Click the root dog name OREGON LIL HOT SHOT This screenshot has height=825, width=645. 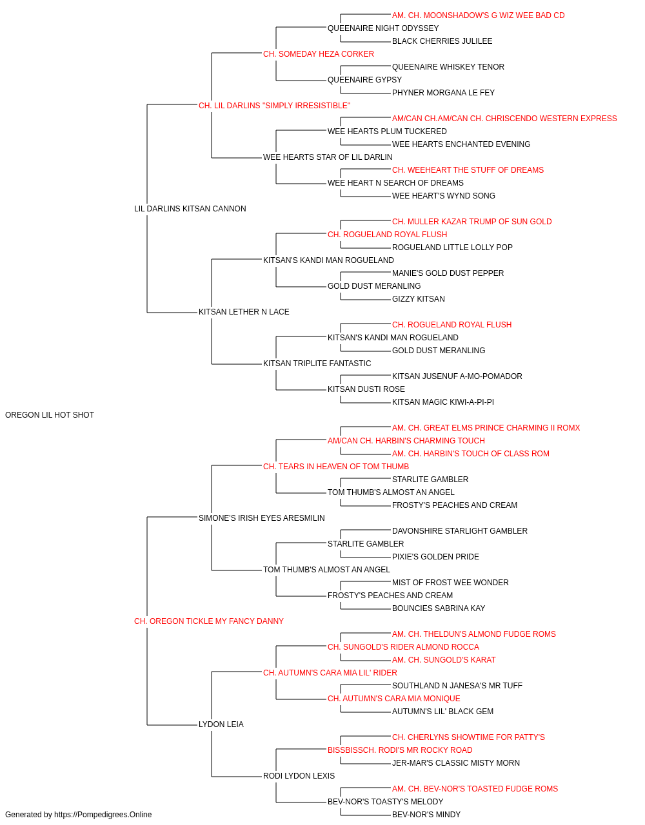tap(50, 415)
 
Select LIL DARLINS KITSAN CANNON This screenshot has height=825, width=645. tap(190, 208)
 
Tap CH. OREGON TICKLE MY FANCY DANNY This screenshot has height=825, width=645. tap(209, 621)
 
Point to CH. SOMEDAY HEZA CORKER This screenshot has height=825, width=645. tap(319, 54)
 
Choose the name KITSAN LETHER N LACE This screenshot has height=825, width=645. tap(244, 312)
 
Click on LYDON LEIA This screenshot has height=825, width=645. tap(221, 724)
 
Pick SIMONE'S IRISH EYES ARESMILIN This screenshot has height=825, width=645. tap(262, 518)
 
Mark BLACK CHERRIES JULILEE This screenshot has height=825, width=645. tap(442, 41)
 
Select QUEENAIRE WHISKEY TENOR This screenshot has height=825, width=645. tap(448, 67)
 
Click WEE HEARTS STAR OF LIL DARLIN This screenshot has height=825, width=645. tap(328, 157)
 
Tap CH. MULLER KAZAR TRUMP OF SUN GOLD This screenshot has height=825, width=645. tap(471, 221)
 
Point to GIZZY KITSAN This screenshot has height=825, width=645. tap(418, 299)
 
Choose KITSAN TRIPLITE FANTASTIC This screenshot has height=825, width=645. tap(317, 364)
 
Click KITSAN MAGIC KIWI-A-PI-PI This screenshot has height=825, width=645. tap(443, 402)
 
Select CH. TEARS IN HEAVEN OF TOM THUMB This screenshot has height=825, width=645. tap(336, 466)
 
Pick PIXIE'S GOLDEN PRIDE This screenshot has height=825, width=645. tap(435, 557)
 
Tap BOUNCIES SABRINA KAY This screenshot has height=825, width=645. tap(439, 608)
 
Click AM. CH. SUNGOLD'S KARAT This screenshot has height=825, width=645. tap(444, 660)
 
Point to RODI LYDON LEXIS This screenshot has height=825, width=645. tap(299, 775)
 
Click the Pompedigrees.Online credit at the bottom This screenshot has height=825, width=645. tap(78, 815)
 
